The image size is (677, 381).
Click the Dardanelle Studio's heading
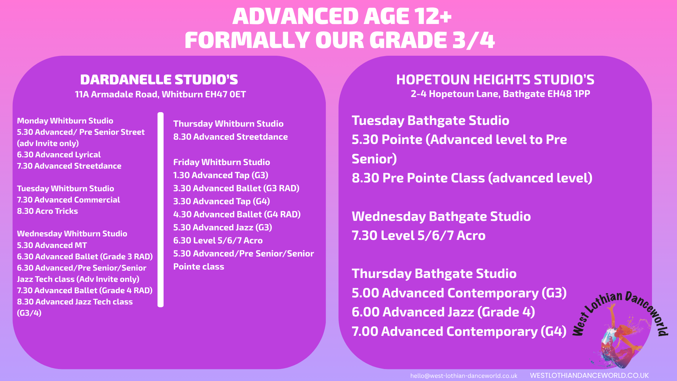coord(159,80)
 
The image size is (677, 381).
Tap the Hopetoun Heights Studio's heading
coord(495,80)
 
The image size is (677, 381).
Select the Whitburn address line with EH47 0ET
coord(160,95)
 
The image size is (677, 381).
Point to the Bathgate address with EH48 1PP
coord(500,94)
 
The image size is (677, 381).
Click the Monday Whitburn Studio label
coord(65,121)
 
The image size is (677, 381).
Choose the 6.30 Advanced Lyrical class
coord(59,155)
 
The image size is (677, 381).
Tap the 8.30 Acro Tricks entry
coord(47,211)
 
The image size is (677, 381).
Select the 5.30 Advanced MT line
coord(52,245)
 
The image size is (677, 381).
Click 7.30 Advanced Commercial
coord(68,200)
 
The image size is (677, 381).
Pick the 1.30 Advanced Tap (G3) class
coord(221,175)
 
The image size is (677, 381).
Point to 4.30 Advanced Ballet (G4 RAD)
coord(237,214)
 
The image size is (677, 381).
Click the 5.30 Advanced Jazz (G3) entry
coord(222,228)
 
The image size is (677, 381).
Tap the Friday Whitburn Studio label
coord(221,162)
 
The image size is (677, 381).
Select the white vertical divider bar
coord(160,210)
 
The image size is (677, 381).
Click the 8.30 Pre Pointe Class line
coord(472,178)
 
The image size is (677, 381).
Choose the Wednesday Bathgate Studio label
coord(441,217)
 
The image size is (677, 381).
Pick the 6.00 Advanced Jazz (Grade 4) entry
coord(443,312)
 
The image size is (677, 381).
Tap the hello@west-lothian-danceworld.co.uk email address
coord(464,376)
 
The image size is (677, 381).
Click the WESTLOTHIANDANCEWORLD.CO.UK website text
coord(589,376)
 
